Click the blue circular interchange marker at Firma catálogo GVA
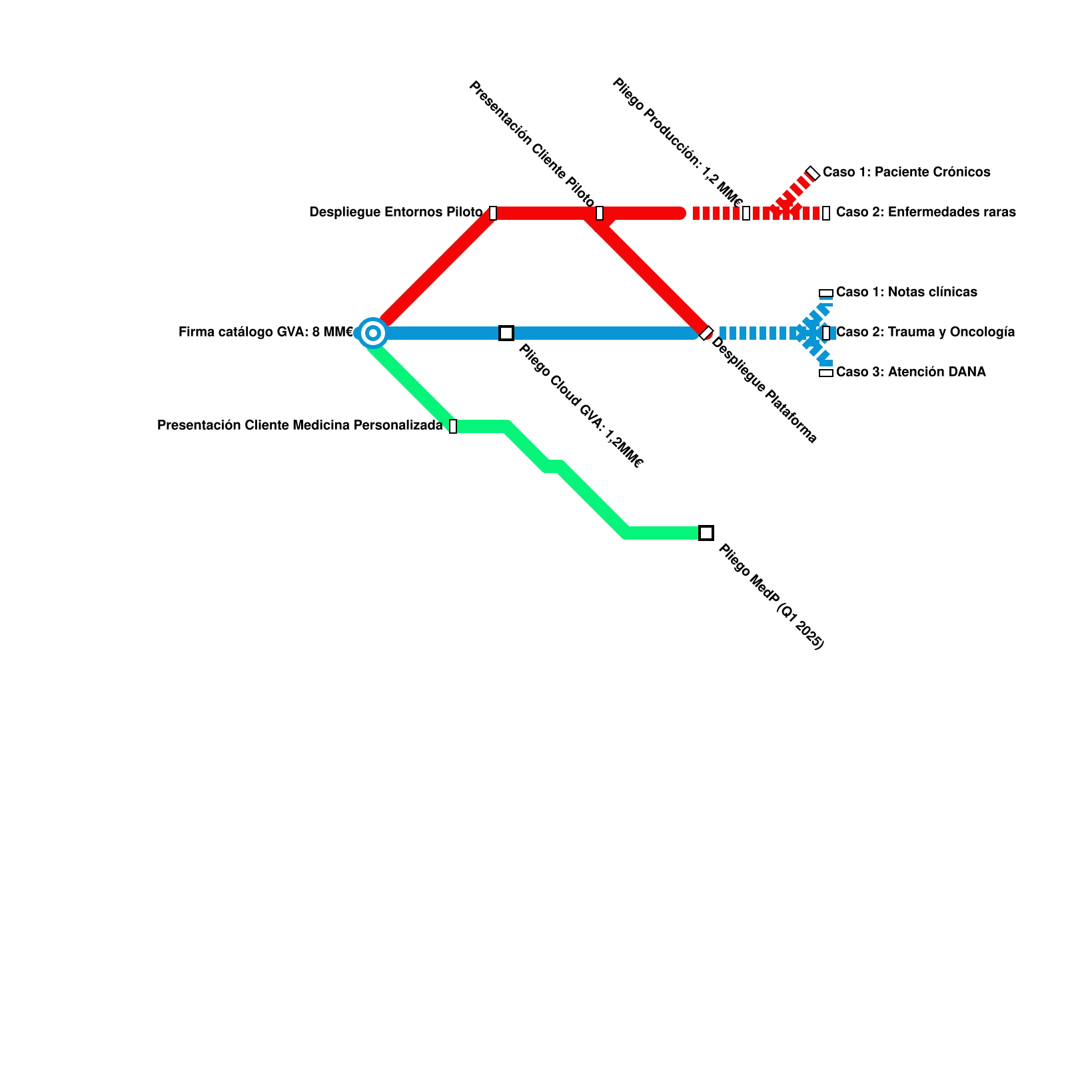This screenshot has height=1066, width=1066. click(x=373, y=333)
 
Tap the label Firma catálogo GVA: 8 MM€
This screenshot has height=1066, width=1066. click(x=266, y=332)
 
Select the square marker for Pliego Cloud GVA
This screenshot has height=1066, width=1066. click(x=506, y=333)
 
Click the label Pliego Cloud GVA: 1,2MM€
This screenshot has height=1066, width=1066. click(x=580, y=406)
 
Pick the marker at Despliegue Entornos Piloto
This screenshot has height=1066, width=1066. click(x=493, y=213)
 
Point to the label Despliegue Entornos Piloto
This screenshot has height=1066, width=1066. click(x=396, y=212)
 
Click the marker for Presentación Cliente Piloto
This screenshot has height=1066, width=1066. click(x=600, y=213)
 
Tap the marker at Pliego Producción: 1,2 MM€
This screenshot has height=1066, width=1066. click(x=746, y=213)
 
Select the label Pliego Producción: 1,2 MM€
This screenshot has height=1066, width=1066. click(x=677, y=143)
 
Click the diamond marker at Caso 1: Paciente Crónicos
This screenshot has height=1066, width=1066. click(x=813, y=173)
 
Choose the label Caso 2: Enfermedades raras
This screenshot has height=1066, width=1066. click(x=926, y=212)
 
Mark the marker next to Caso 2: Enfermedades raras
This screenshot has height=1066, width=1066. click(x=826, y=213)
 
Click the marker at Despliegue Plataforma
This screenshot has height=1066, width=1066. click(x=706, y=333)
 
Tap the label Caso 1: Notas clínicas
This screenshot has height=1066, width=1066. click(x=907, y=292)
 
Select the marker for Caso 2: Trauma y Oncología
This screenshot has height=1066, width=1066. click(x=826, y=333)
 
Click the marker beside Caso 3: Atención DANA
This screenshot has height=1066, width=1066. click(x=826, y=373)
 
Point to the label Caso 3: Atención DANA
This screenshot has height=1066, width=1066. click(x=911, y=372)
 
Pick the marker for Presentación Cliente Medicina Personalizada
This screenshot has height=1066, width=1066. click(x=453, y=426)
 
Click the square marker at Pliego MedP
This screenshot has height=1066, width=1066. click(x=706, y=533)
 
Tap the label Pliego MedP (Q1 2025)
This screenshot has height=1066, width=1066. click(x=772, y=596)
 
